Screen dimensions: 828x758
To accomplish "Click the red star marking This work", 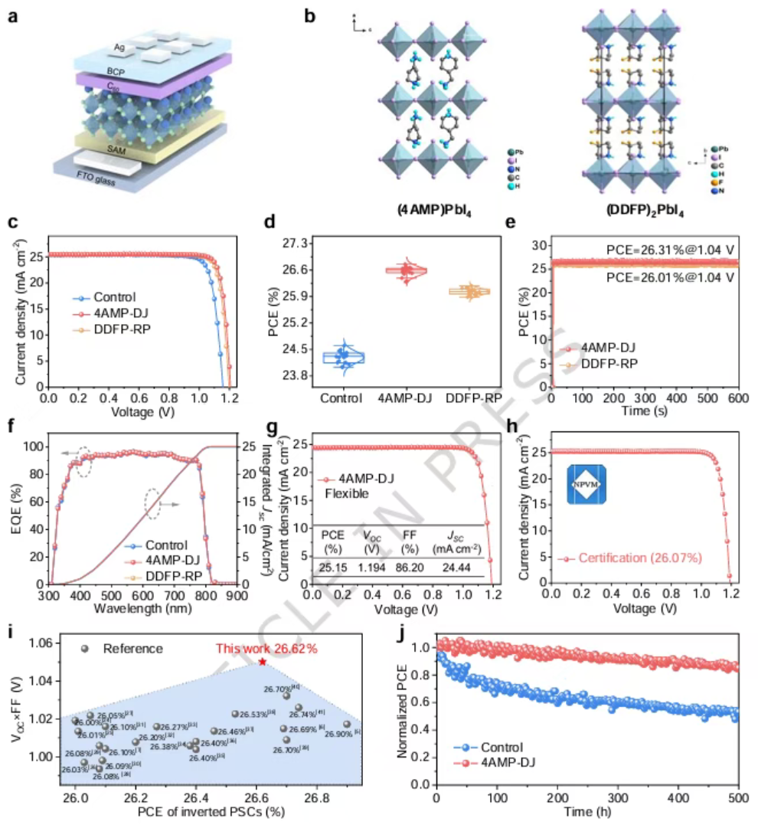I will (263, 661).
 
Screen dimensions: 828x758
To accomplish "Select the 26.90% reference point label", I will (340, 734).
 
